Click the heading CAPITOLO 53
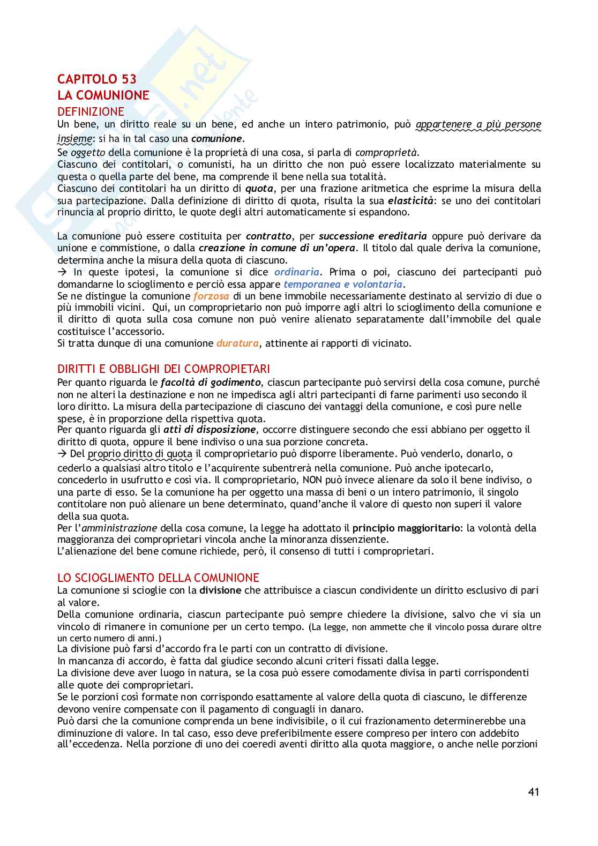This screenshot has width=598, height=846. tap(97, 79)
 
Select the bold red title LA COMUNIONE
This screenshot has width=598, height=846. tap(103, 95)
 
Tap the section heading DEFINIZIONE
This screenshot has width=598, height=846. tap(91, 111)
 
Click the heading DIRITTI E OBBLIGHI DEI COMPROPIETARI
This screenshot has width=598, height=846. tap(163, 369)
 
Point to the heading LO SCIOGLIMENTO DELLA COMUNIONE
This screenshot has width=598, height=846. tap(158, 578)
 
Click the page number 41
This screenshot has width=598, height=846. tap(533, 792)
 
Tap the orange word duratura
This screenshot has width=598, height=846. tap(237, 343)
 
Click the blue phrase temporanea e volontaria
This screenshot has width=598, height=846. tap(343, 284)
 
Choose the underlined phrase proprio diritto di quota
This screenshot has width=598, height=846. tap(140, 454)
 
